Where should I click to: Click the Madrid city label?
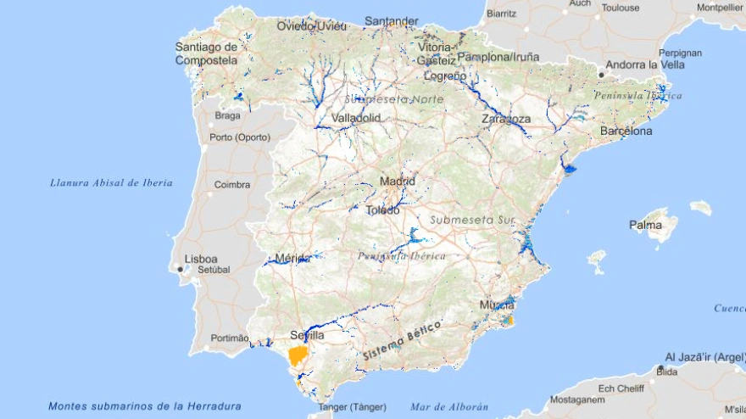398,181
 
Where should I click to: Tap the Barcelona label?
626,131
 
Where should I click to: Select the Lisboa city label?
201,259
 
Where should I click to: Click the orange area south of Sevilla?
298,355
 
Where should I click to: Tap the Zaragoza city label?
506,119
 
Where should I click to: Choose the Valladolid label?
356,118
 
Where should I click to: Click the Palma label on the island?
646,225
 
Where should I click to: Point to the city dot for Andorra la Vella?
601,75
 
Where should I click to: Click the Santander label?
391,21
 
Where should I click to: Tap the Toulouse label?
621,8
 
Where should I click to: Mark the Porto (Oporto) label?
240,137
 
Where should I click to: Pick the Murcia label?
497,304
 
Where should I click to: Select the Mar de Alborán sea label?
449,406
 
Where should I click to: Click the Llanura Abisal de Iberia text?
111,182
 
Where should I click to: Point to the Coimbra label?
231,184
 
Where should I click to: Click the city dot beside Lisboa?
180,269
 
